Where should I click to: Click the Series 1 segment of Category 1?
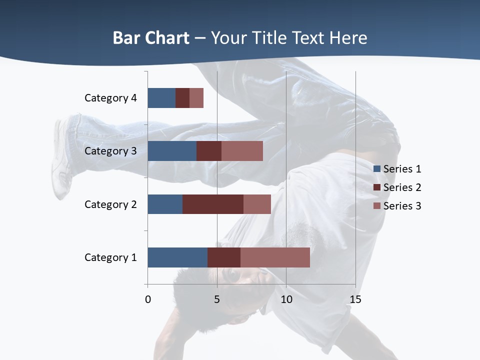tap(177, 257)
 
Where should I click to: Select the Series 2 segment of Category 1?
tap(224, 257)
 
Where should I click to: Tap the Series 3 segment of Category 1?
tap(275, 257)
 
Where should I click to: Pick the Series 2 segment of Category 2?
tap(213, 204)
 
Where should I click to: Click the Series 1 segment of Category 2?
tap(165, 204)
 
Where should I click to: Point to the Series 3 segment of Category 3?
tap(242, 151)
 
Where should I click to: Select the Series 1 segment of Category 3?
tap(172, 151)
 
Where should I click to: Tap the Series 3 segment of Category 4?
tap(196, 98)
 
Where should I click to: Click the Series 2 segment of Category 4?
tap(182, 98)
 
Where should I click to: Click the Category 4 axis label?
tap(110, 98)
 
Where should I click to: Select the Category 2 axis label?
tap(110, 204)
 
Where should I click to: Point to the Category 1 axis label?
tap(110, 257)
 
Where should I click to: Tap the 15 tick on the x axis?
tap(355, 299)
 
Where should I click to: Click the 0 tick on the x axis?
tap(148, 299)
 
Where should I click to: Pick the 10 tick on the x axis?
tap(286, 299)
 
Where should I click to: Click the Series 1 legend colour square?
tap(377, 169)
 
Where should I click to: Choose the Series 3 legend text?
tap(402, 206)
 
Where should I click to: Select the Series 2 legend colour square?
tap(377, 187)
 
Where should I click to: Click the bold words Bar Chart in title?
tap(151, 38)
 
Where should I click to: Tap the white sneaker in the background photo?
tap(61, 160)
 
